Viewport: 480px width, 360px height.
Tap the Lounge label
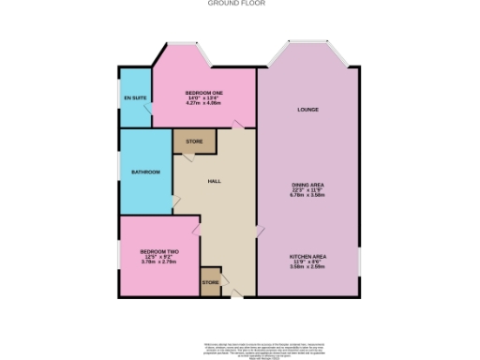307,110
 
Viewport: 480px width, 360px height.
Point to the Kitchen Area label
307,255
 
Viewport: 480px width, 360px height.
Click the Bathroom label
145,172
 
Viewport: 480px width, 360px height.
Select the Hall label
214,182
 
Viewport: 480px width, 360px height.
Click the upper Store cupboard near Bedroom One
194,142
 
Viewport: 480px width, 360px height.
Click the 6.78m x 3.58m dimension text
307,197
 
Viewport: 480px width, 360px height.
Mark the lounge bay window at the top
307,47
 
